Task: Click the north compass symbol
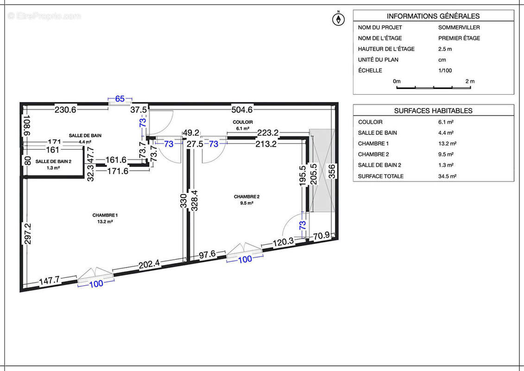(339, 19)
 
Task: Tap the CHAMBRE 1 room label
(105, 215)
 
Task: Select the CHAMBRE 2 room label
(246, 197)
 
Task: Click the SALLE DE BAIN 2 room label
(54, 161)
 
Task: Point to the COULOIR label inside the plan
(243, 122)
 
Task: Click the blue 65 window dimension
(120, 98)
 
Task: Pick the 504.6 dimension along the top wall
(242, 110)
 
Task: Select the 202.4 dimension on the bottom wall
(149, 264)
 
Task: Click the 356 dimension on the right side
(332, 171)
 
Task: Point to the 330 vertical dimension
(183, 201)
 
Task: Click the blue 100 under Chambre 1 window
(96, 284)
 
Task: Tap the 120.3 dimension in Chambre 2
(283, 241)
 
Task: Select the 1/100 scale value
(445, 70)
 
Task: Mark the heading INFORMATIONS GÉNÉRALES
(433, 16)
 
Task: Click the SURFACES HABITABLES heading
(433, 111)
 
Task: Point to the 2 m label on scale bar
(470, 81)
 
